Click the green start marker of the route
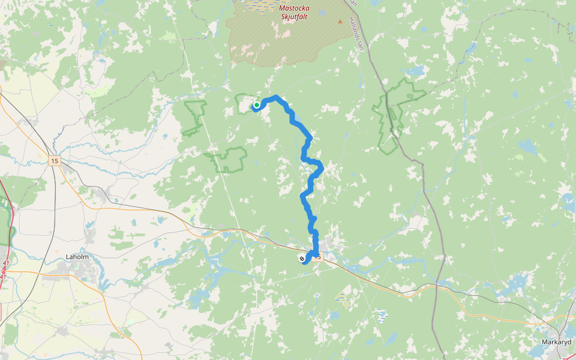pos(257,105)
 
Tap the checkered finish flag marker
pos(301,259)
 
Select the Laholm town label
pos(77,257)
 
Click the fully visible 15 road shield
pos(55,161)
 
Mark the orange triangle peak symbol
pos(340,22)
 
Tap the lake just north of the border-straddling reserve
pos(415,71)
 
